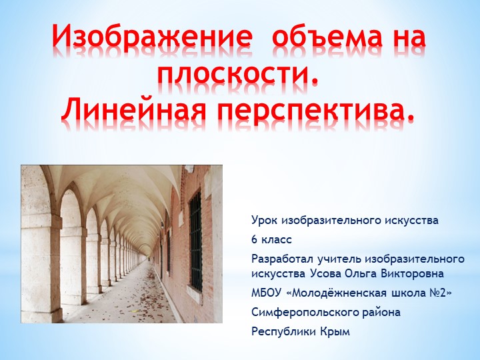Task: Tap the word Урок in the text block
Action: point(265,220)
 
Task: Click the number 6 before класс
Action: point(255,239)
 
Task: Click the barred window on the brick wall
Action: point(195,240)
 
